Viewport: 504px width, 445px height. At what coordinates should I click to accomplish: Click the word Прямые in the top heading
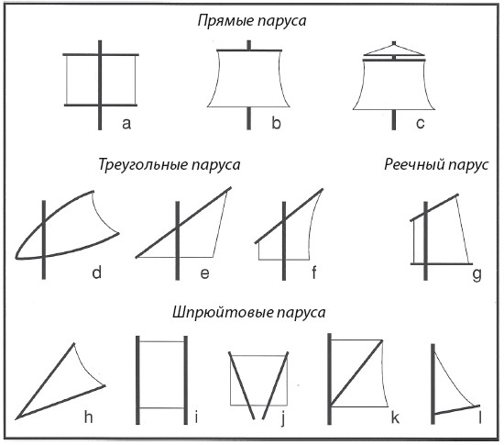pos(225,21)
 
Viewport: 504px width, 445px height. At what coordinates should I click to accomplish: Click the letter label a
pos(126,123)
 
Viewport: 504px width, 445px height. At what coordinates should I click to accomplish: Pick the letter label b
pos(276,123)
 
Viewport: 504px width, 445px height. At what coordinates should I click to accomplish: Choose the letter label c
pos(420,123)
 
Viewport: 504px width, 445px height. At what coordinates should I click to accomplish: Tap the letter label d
pos(97,273)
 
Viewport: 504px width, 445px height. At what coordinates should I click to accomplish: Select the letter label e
pos(204,273)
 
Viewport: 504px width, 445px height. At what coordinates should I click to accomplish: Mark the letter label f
pos(314,273)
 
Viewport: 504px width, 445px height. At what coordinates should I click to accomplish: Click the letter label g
pos(477,275)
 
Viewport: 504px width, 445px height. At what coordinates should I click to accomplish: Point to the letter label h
pos(89,417)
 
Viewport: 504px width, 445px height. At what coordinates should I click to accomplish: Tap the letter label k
pos(395,417)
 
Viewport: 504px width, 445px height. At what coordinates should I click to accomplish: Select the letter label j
pos(283,418)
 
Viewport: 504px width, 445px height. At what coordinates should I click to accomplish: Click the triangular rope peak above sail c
pos(394,49)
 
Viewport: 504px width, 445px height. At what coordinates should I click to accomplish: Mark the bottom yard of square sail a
pos(101,105)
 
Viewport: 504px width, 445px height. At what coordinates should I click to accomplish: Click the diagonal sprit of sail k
pos(356,373)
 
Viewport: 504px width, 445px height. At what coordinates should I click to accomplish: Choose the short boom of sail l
pos(456,409)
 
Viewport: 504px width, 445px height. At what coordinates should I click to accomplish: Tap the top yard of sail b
pos(249,50)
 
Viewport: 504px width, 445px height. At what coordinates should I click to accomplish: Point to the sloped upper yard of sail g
pos(434,207)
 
